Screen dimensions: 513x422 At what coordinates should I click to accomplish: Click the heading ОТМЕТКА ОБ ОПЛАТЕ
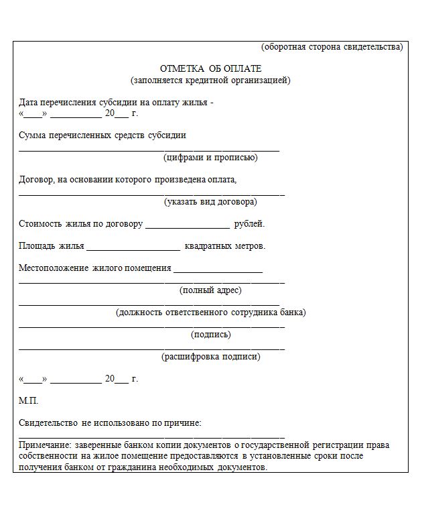[210, 69]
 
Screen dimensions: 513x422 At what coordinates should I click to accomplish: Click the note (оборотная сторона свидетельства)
[332, 47]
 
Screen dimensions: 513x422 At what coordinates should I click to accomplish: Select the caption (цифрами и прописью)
[210, 158]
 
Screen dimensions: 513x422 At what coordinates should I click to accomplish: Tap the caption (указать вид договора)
[210, 201]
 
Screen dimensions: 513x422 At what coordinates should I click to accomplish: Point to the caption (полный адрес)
[210, 290]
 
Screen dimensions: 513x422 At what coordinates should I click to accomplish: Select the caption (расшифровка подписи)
[210, 357]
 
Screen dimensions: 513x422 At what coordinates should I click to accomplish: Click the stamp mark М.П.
[29, 400]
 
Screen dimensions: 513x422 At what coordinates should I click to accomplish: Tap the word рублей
[249, 224]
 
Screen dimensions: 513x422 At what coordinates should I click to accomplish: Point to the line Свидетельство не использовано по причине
[110, 422]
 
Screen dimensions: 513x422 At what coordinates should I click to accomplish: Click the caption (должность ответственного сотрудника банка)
[210, 312]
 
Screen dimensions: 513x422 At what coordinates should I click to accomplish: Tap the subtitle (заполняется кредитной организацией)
[210, 80]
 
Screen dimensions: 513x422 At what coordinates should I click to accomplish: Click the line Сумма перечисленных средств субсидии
[102, 135]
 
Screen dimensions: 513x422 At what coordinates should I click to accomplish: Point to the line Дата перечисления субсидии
[116, 103]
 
